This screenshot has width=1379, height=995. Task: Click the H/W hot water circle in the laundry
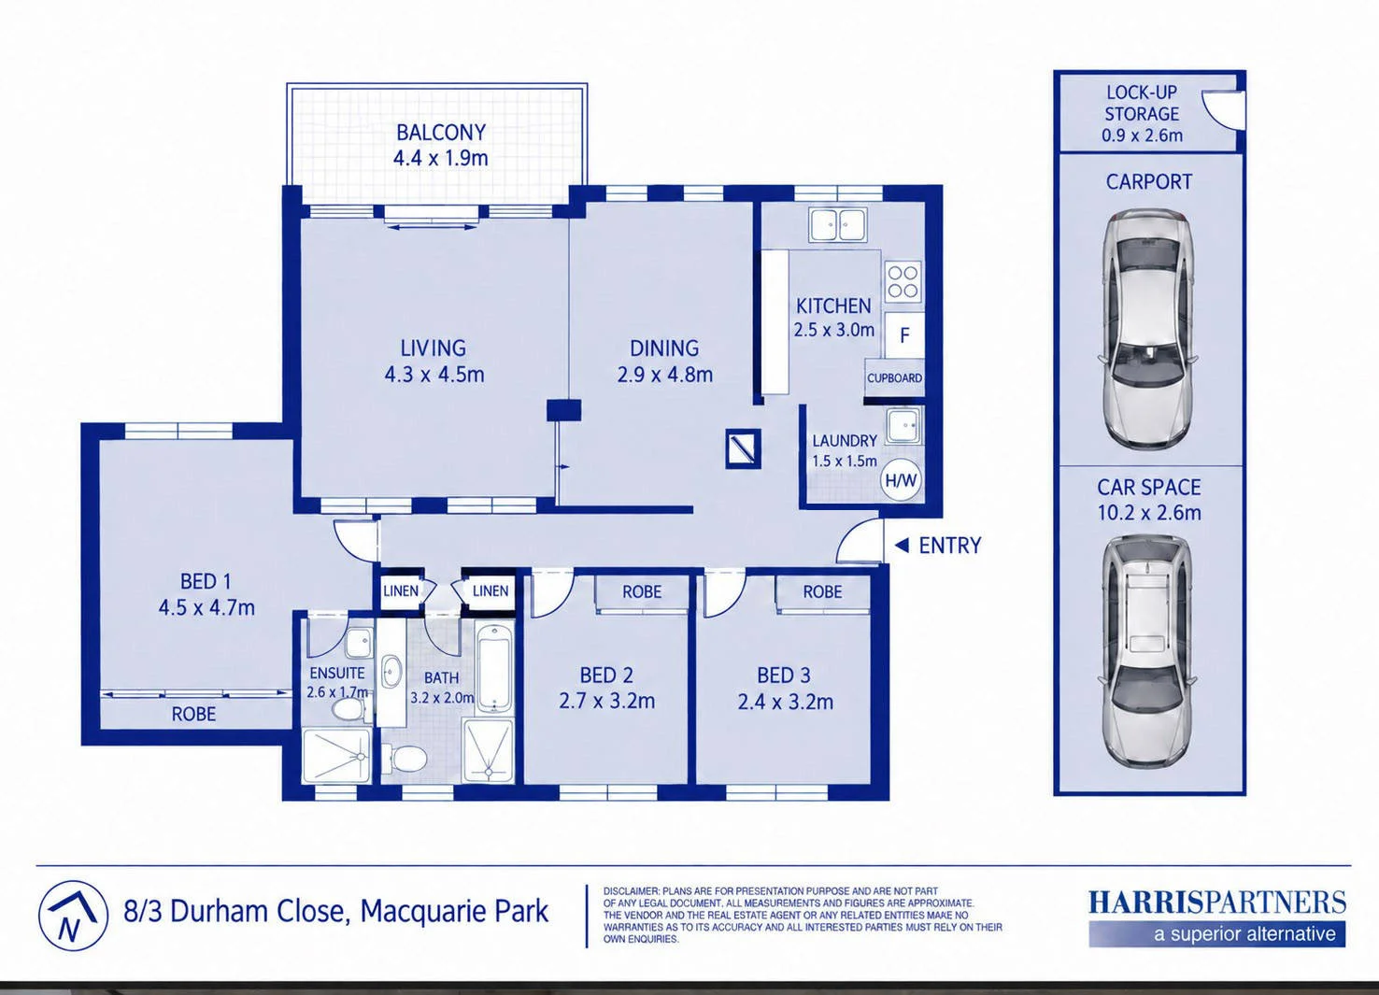click(902, 480)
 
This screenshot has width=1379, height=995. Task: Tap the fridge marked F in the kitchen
click(904, 335)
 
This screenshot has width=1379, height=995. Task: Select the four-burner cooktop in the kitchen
click(903, 282)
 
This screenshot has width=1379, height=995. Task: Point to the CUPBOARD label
click(894, 378)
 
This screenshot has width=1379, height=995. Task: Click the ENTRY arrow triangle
click(902, 546)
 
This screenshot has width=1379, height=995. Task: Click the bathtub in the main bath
click(495, 667)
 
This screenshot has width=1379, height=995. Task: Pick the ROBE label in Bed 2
click(642, 591)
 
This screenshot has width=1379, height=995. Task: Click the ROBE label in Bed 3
click(822, 591)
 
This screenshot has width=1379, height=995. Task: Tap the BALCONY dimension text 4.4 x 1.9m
click(441, 158)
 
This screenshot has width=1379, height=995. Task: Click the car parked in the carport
click(1149, 330)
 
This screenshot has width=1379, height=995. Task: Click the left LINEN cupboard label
click(401, 591)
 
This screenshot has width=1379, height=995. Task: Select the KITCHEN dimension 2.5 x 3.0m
click(834, 330)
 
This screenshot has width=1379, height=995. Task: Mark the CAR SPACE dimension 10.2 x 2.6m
click(1149, 512)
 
